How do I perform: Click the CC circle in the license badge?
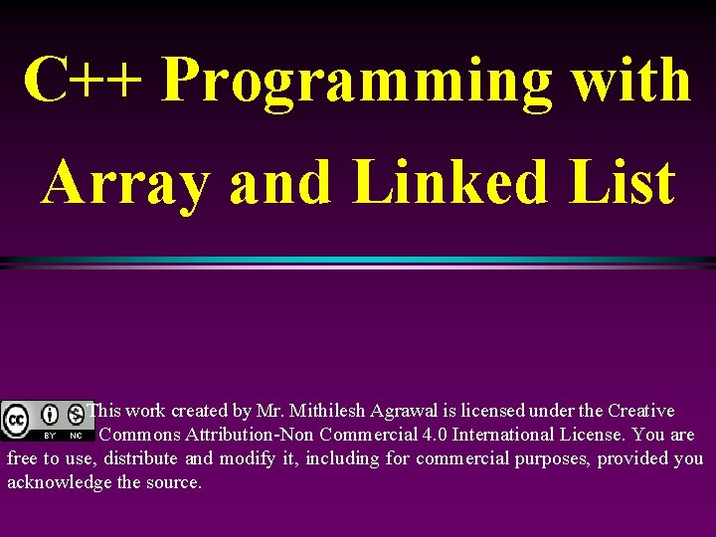tap(17, 418)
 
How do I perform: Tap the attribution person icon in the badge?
tap(50, 414)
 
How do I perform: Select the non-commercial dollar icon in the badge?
tap(76, 414)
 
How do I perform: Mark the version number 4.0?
tap(433, 435)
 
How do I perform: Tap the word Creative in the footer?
tap(640, 411)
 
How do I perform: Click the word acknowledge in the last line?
tap(59, 482)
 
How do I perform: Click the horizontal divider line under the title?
tap(358, 263)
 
